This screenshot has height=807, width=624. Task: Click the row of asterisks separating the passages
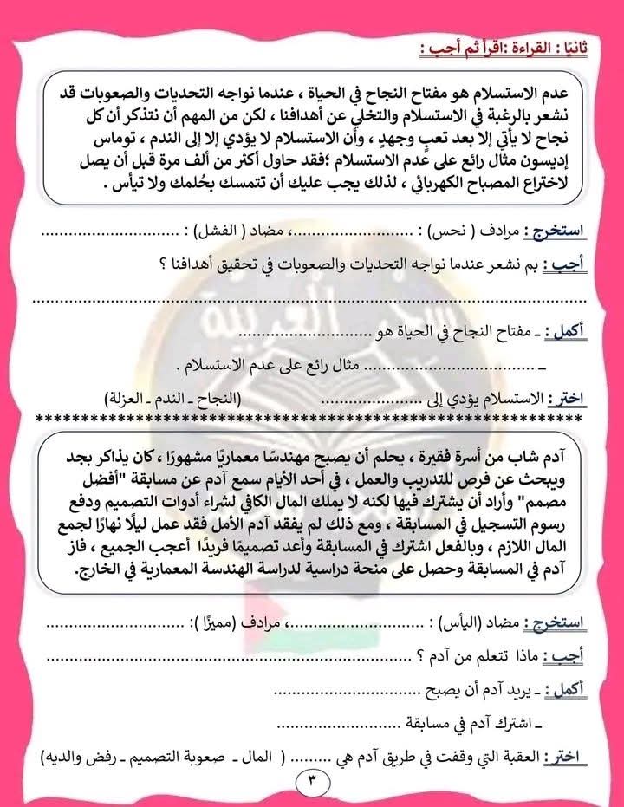312,418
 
